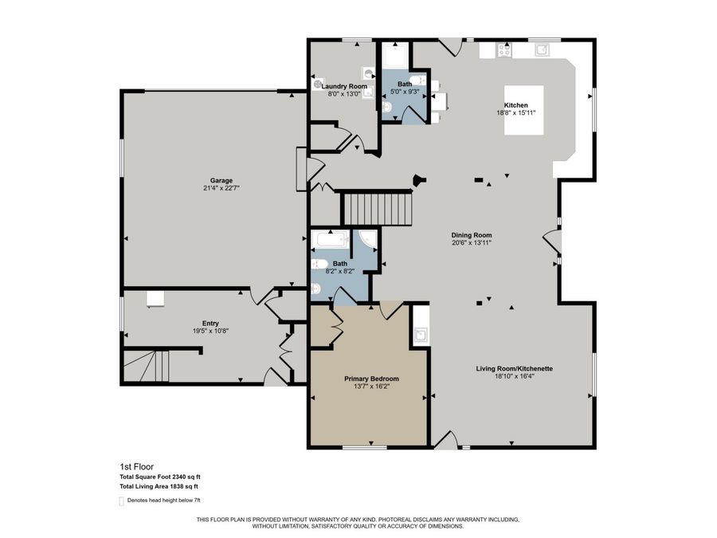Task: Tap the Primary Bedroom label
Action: click(371, 379)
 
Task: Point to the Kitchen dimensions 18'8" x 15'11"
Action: click(515, 113)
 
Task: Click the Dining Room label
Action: click(472, 235)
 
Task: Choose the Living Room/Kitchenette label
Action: click(515, 368)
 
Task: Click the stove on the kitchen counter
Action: click(503, 49)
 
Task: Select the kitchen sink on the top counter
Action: click(543, 49)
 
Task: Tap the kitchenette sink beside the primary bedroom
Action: click(421, 335)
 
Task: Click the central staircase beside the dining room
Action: click(378, 209)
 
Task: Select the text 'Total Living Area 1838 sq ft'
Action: click(159, 486)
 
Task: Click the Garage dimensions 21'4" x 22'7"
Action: click(221, 189)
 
